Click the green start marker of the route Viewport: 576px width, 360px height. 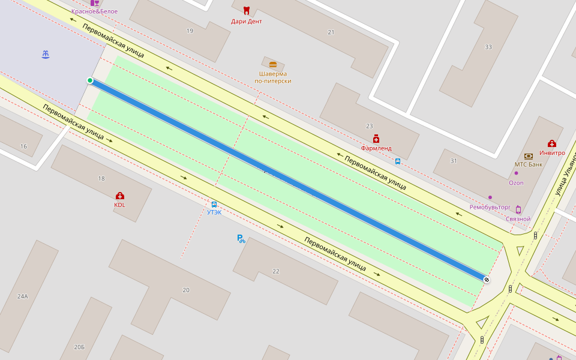(90, 80)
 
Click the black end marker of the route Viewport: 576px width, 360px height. (487, 280)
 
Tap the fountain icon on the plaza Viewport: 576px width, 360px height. (46, 55)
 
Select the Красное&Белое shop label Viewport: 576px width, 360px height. (94, 11)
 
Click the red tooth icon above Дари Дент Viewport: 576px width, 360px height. (246, 11)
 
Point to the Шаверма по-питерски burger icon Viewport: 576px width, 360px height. (273, 64)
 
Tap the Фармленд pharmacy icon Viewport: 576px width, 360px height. (376, 139)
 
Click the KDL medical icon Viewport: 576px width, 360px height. (119, 196)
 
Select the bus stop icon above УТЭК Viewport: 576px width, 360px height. (214, 204)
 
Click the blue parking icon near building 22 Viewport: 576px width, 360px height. (241, 239)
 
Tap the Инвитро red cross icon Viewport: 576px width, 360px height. (552, 143)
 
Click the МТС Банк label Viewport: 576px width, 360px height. (528, 164)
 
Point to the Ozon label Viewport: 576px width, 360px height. (516, 183)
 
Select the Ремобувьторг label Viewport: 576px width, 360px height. (490, 207)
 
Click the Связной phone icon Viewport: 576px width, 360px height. (518, 209)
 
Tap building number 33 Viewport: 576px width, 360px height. (488, 47)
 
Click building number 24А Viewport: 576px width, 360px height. (23, 296)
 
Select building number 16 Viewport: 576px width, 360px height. (23, 146)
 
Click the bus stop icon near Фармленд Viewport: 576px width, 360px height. (398, 161)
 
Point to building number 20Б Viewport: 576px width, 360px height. (79, 347)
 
